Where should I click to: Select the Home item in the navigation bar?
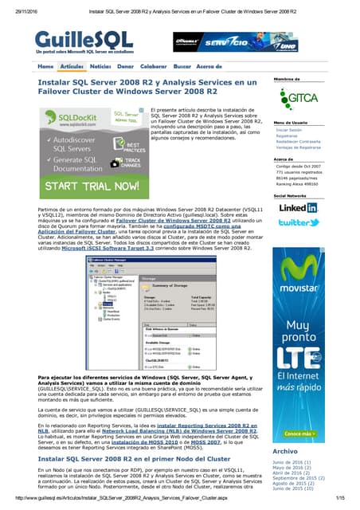[x=45, y=65]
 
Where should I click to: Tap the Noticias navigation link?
[x=100, y=65]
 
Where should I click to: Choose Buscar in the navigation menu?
[x=182, y=65]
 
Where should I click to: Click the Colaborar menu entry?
[x=153, y=65]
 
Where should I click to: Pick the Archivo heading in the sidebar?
[x=284, y=451]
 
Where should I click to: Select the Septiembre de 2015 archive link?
[x=299, y=478]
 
